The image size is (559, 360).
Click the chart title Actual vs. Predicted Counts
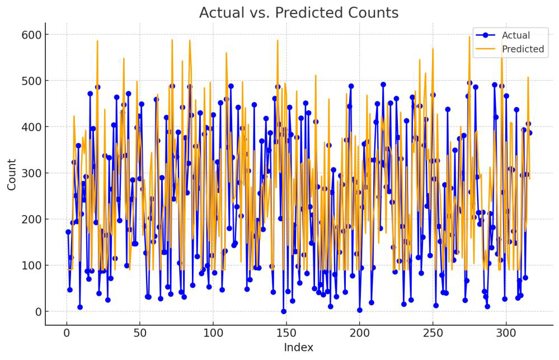[x=299, y=13]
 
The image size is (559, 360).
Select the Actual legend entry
[x=515, y=35]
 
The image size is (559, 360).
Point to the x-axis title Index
[x=299, y=348]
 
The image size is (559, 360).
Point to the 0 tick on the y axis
[x=36, y=311]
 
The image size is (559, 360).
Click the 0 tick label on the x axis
[x=67, y=333]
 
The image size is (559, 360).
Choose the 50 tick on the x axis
[x=140, y=333]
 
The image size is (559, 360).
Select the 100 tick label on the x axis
[x=213, y=333]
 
